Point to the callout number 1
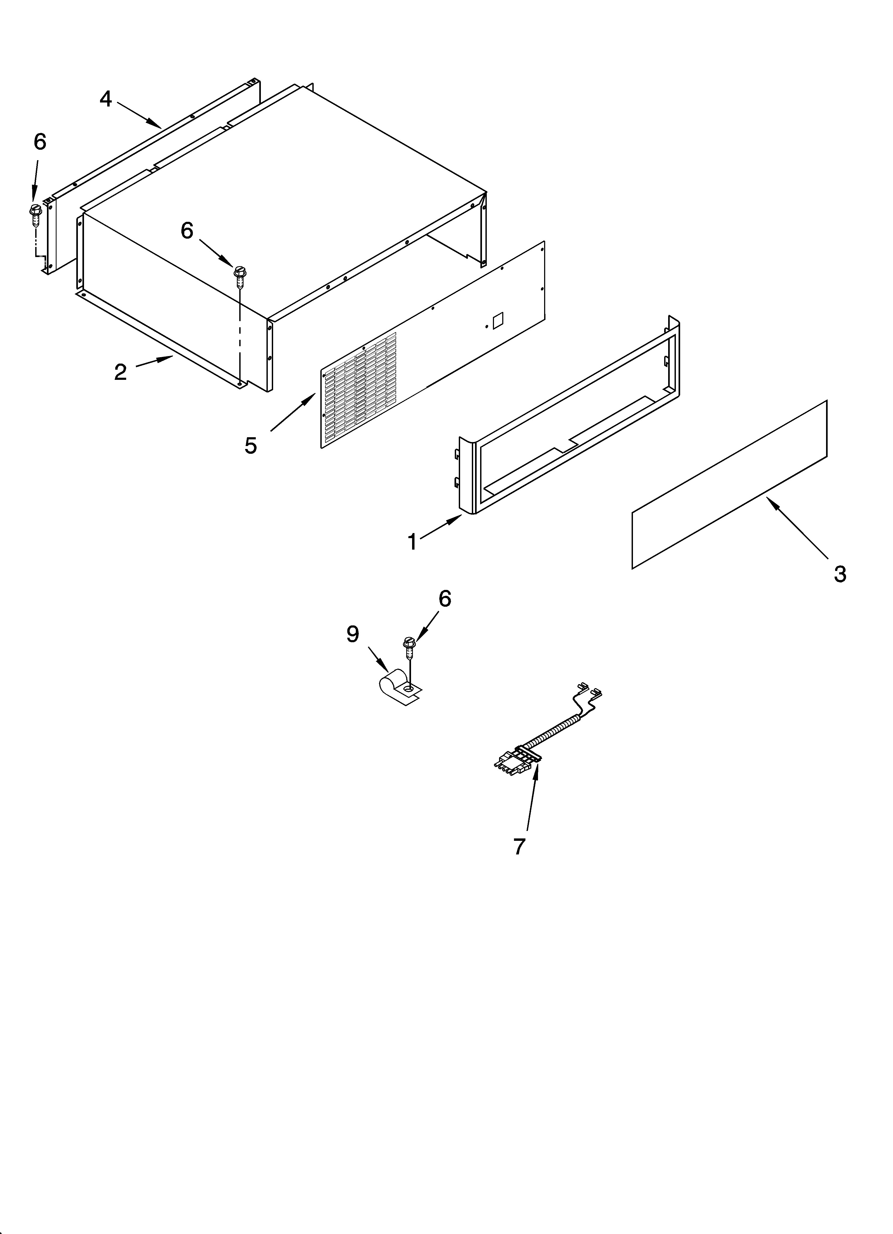(x=412, y=542)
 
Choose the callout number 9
(x=353, y=634)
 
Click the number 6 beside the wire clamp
(x=445, y=599)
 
